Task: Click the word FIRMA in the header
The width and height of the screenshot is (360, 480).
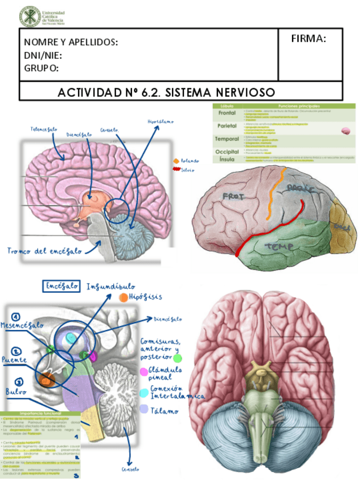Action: point(308,38)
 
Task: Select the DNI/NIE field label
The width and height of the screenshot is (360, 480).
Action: point(43,55)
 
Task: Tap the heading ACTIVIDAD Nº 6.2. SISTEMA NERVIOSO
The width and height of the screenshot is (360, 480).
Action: point(166,92)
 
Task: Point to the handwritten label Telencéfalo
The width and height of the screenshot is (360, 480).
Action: point(44,129)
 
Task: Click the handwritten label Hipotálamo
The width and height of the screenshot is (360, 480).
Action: point(160,122)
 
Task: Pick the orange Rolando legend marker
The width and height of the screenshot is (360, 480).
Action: point(177,161)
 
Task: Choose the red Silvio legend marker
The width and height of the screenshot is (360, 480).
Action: point(176,169)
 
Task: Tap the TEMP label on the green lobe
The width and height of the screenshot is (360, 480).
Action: point(277,247)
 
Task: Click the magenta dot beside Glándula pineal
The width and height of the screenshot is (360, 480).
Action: point(143,371)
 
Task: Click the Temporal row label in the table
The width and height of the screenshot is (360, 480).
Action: point(226,139)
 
